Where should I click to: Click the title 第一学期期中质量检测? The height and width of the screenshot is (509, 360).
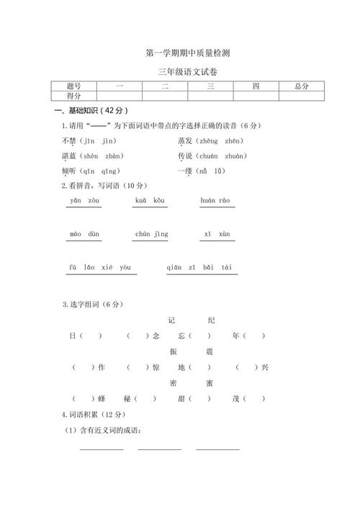point(187,53)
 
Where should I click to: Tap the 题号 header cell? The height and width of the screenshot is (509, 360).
point(73,86)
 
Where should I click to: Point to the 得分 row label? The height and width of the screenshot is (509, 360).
point(73,96)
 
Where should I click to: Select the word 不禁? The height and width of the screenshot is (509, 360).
point(69,140)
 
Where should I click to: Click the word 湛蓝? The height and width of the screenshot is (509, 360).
point(69,156)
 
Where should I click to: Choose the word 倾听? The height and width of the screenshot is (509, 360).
point(69,171)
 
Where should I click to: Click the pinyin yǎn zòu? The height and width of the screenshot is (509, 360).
point(84,200)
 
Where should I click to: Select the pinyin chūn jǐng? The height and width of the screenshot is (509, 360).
point(151,234)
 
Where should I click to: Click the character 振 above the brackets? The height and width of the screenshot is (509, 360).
point(173,351)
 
